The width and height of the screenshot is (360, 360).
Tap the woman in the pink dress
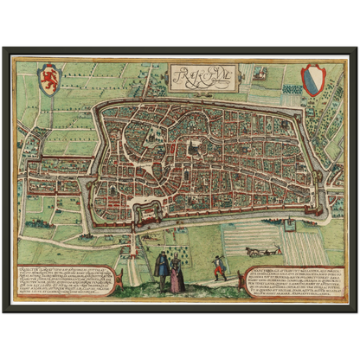pos(177,275)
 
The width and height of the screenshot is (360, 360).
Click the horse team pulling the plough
pos(254,251)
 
